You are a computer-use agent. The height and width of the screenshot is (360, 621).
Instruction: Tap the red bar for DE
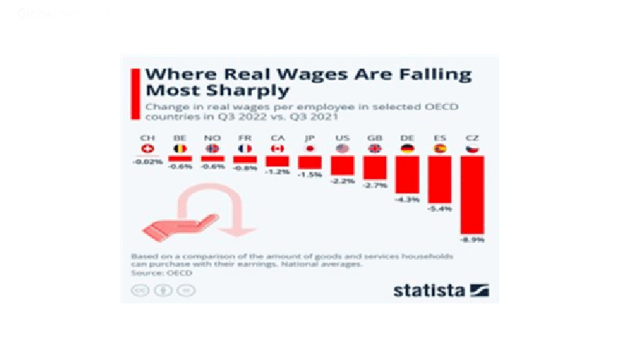pyautogui.click(x=407, y=175)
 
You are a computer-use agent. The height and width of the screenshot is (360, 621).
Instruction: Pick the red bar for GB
pyautogui.click(x=374, y=165)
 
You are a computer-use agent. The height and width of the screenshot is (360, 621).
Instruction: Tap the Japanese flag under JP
pyautogui.click(x=310, y=148)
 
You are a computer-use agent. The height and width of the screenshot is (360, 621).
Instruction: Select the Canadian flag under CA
pyautogui.click(x=277, y=148)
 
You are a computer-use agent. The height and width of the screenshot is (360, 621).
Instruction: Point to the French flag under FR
pyautogui.click(x=245, y=148)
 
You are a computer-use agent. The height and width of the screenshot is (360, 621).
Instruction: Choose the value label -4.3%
pyautogui.click(x=407, y=199)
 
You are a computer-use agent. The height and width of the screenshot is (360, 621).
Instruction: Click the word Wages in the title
pyautogui.click(x=279, y=75)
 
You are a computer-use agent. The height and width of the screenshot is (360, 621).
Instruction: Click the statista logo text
pyautogui.click(x=429, y=290)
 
